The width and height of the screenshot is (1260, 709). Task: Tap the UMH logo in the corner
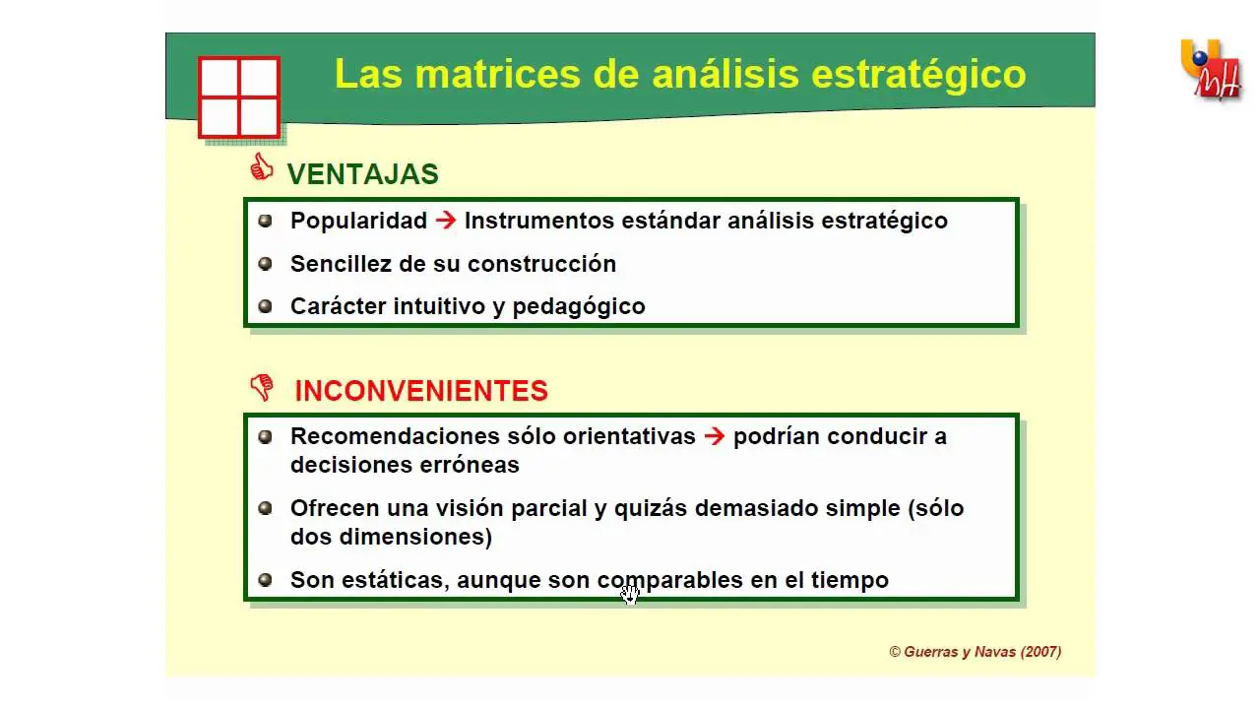[x=1211, y=70]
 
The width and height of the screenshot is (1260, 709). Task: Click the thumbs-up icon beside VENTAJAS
[x=262, y=167]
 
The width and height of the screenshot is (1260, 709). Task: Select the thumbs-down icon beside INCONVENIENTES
[x=262, y=388]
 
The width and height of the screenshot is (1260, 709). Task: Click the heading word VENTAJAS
[x=363, y=174]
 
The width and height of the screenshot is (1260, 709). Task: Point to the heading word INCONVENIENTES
[x=421, y=391]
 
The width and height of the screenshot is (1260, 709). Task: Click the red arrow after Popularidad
[x=446, y=220]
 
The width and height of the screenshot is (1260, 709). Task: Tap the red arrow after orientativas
[x=715, y=436]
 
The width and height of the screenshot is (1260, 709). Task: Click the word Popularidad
[x=359, y=221]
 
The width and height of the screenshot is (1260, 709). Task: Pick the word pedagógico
[x=579, y=307]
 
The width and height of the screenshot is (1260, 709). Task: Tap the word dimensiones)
[x=415, y=537]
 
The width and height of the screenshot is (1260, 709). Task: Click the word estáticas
[x=396, y=581]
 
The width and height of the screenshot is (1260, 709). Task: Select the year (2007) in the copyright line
[x=1040, y=652]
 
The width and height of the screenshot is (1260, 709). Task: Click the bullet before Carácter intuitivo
[x=265, y=306]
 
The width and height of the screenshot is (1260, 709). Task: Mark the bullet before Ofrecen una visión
[x=265, y=508]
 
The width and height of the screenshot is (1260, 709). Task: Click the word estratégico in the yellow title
[x=919, y=74]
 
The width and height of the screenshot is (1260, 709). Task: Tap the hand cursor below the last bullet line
[x=630, y=594]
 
